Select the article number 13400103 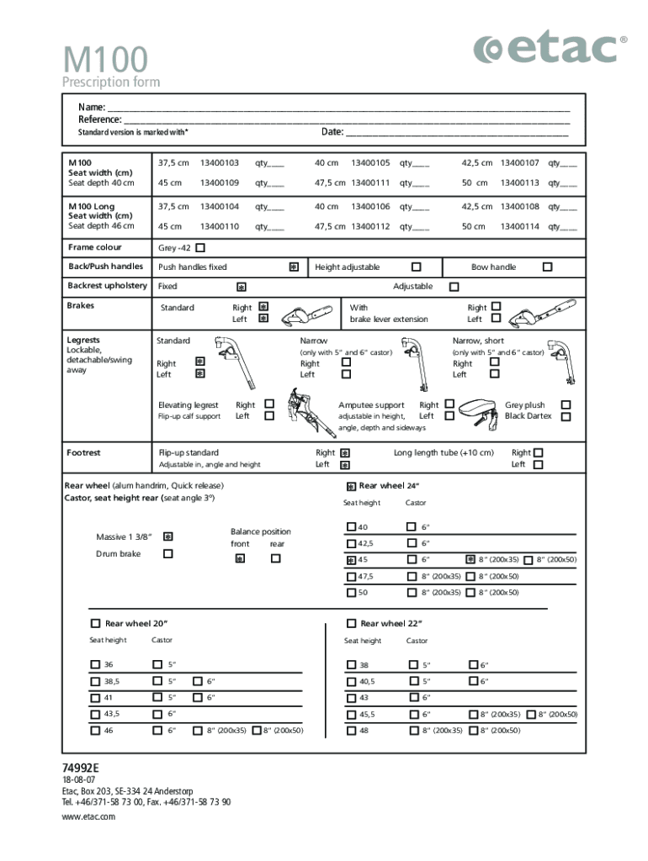220,163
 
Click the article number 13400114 520,226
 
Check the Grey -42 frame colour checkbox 200,248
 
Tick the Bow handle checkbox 547,267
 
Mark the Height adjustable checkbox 416,267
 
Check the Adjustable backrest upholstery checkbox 454,287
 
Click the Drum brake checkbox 167,553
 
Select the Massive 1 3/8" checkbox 167,536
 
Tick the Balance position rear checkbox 275,557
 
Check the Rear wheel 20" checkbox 95,623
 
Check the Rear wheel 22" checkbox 351,623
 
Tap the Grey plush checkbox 566,404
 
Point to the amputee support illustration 481,411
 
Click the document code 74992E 81,769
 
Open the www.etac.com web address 88,816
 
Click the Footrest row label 84,453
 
